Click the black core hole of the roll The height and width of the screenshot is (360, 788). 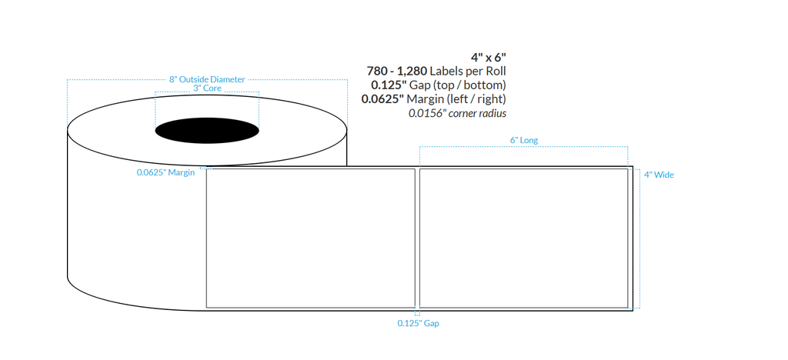click(x=207, y=130)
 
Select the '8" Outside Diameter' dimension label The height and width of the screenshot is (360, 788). click(x=207, y=79)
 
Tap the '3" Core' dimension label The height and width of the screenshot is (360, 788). click(x=207, y=89)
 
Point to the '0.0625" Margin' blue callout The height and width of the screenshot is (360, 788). click(x=165, y=173)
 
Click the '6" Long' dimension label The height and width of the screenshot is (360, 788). click(x=524, y=141)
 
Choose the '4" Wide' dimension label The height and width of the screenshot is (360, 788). click(x=659, y=175)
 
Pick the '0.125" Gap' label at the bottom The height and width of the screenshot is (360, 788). click(x=418, y=324)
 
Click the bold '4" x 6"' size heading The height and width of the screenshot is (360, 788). click(x=488, y=57)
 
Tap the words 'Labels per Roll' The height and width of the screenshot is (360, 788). click(x=469, y=71)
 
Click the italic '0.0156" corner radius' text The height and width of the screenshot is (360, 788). click(x=457, y=113)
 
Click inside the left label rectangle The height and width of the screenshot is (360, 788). click(x=310, y=238)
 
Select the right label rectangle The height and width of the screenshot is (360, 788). click(x=523, y=238)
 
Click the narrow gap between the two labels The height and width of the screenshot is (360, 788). click(x=417, y=238)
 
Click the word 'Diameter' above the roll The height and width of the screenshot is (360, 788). click(x=227, y=79)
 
